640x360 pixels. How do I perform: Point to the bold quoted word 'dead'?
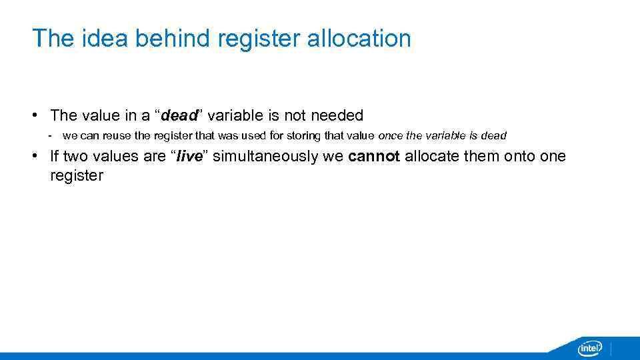click(x=179, y=115)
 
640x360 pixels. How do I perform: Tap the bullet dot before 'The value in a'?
click(x=34, y=115)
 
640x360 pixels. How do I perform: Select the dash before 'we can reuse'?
click(x=50, y=135)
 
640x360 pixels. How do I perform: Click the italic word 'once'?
click(x=390, y=135)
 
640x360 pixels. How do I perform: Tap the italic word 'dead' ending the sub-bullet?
click(x=493, y=135)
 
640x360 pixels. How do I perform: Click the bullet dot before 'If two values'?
click(x=34, y=157)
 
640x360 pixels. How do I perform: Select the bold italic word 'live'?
click(x=189, y=157)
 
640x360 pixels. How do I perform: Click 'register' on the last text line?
click(x=77, y=177)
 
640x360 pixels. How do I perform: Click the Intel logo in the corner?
click(x=589, y=347)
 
